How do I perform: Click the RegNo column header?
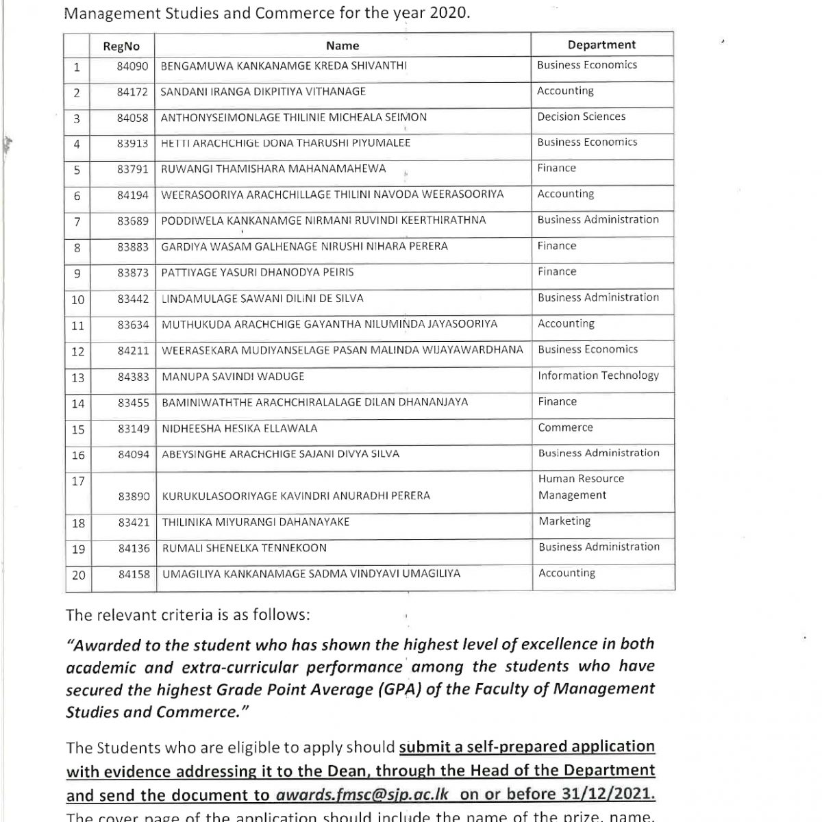coord(121,47)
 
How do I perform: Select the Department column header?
coord(601,45)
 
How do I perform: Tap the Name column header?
coord(342,46)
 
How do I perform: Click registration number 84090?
coord(132,66)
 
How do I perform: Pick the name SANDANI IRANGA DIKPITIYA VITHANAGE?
coord(263,92)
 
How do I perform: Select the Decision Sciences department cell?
coord(581,116)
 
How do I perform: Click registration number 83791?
coord(132,169)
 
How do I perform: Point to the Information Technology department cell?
coord(598,375)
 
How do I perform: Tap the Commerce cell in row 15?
coord(565,427)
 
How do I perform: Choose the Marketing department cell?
coord(564,521)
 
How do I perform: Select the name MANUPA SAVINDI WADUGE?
coord(233,377)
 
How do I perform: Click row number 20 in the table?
coord(78,575)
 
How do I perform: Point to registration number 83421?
coord(134,523)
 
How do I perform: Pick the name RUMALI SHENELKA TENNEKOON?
coord(244,548)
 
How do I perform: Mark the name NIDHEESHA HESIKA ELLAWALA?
coord(240,429)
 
